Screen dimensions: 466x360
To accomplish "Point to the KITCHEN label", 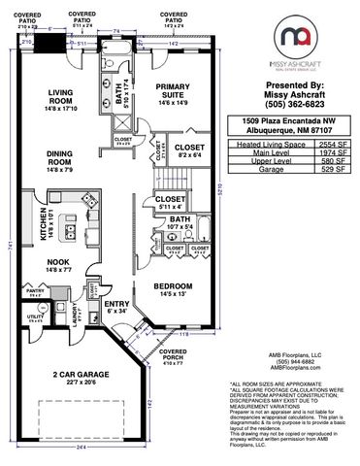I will (x=43, y=224).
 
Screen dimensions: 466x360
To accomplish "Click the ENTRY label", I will (x=116, y=307).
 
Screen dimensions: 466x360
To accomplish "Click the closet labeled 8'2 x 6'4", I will (x=189, y=150).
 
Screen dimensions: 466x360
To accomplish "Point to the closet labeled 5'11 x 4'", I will (x=170, y=201).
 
